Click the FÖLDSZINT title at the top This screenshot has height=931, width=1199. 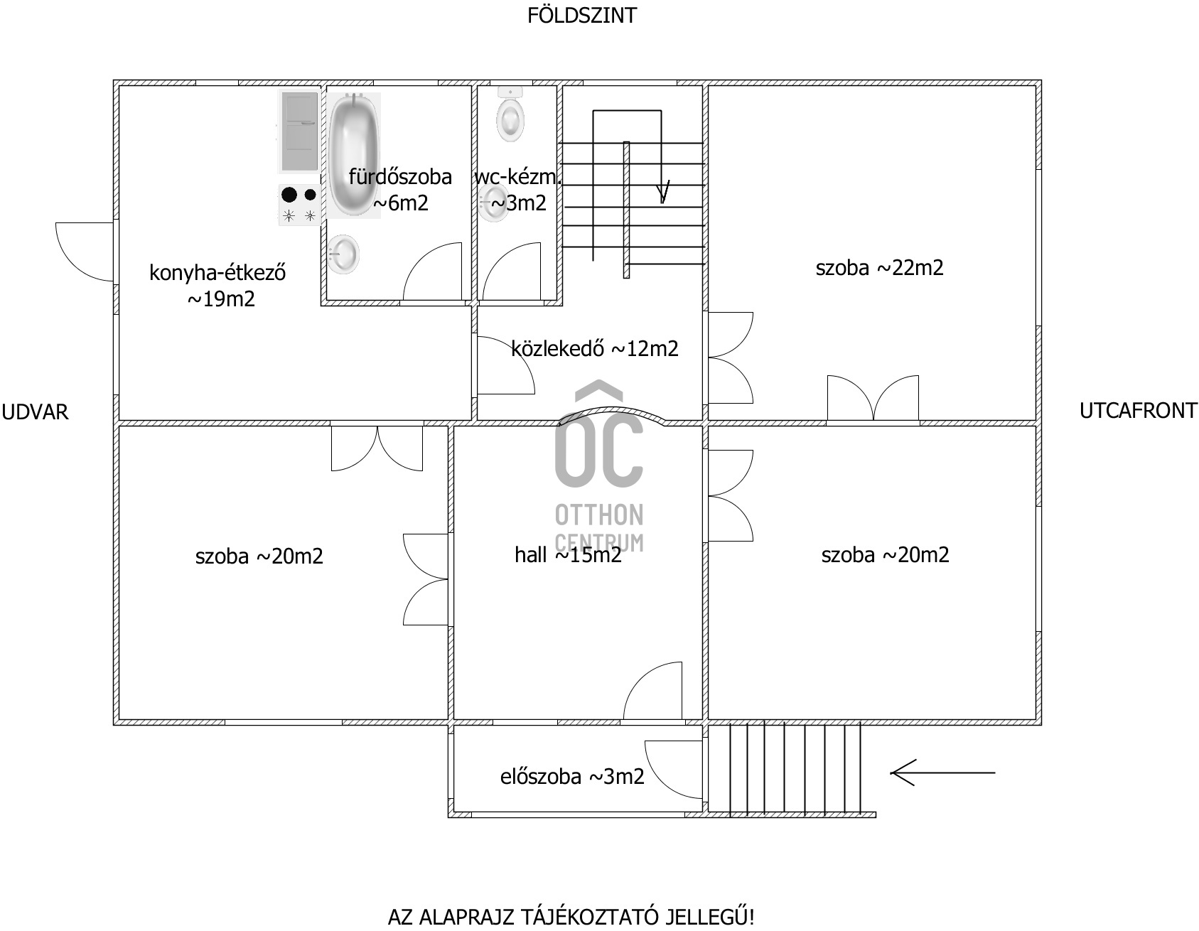(x=581, y=16)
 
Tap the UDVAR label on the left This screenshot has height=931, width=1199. (x=35, y=412)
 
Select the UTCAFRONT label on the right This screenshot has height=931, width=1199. (x=1138, y=411)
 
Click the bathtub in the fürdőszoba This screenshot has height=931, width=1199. (x=354, y=155)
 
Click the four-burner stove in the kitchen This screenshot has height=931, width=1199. (x=299, y=205)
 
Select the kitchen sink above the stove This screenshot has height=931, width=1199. (x=299, y=132)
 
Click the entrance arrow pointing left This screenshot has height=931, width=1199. (x=942, y=773)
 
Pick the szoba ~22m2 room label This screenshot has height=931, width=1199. (x=879, y=268)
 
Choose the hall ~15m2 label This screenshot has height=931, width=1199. (x=568, y=555)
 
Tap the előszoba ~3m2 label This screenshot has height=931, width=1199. (x=572, y=777)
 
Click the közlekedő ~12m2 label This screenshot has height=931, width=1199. (x=594, y=348)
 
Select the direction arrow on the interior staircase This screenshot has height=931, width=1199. (x=664, y=190)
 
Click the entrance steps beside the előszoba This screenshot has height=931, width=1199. (x=789, y=768)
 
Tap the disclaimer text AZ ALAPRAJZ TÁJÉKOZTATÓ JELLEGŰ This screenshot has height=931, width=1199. (x=571, y=916)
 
